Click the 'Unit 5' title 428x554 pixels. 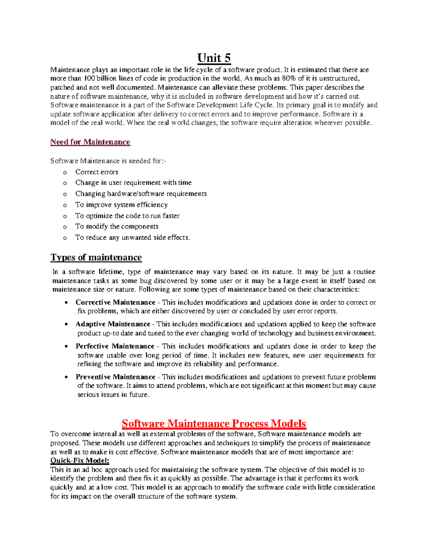214,58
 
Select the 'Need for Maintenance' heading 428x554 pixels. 90,142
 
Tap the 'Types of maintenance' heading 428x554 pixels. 96,258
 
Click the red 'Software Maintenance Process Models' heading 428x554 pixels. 214,423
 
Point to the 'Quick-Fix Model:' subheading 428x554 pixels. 80,461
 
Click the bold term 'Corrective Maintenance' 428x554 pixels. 115,303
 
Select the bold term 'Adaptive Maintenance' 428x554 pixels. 113,324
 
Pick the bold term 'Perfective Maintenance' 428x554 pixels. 115,346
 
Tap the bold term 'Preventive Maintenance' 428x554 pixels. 115,377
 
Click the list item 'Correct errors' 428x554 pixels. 97,172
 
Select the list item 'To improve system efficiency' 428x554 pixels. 121,205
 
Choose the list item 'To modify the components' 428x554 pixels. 117,227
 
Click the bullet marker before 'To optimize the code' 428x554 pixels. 65,216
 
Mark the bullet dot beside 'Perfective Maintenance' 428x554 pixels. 66,346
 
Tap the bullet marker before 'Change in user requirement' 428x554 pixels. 65,183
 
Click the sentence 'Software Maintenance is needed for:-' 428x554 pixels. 108,161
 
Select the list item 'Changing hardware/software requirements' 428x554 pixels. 141,194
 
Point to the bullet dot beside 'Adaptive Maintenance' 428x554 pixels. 66,325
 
